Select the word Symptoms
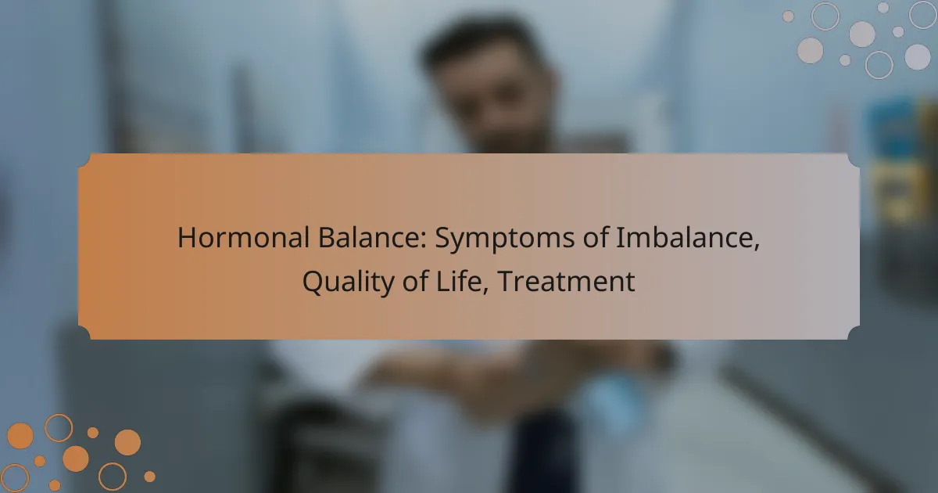click(505, 239)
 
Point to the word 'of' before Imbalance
click(595, 238)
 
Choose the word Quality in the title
click(349, 282)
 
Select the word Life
click(460, 281)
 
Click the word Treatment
click(567, 281)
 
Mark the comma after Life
click(485, 291)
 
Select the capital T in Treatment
click(507, 281)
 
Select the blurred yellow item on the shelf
click(896, 193)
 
